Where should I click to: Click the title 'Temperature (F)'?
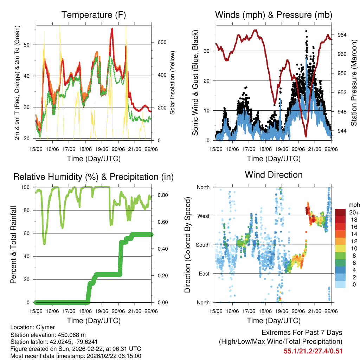coord(94,15)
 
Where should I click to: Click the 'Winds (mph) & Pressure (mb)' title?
coord(274,15)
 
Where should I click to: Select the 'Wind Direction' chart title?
coord(274,175)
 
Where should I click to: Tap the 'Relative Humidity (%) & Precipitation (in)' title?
coord(94,177)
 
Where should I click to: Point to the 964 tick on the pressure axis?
coord(342,35)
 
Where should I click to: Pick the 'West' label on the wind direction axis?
coord(203,216)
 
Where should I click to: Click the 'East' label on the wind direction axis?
coord(204,274)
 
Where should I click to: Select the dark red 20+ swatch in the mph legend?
coord(340,212)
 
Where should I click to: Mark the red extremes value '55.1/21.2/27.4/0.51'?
coord(313,351)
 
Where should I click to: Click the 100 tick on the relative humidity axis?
coord(26,187)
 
